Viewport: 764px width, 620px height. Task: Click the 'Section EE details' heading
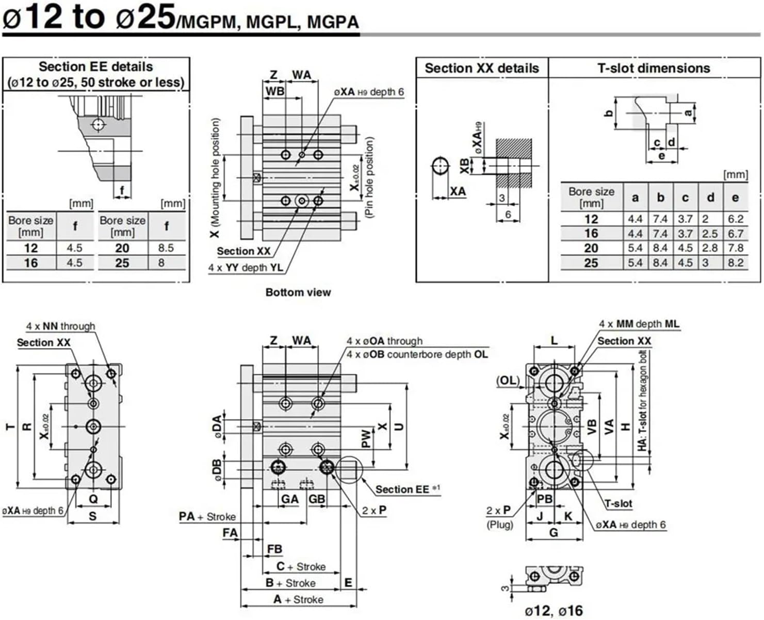click(96, 67)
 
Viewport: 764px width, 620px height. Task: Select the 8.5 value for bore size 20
click(166, 248)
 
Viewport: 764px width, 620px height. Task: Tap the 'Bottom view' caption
click(298, 292)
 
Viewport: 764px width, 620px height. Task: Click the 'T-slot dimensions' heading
click(654, 68)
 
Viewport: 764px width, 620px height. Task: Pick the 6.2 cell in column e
click(736, 219)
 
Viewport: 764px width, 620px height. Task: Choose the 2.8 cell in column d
click(710, 248)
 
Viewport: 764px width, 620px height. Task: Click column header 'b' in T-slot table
click(660, 198)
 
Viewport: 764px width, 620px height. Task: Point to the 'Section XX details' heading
click(481, 68)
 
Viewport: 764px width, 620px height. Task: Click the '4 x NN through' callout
click(61, 326)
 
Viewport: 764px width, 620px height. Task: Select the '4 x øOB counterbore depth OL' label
click(417, 355)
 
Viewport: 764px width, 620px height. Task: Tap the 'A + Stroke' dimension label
click(298, 600)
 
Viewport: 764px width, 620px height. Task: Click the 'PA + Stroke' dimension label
click(207, 516)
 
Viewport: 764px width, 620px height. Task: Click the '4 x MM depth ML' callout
click(639, 324)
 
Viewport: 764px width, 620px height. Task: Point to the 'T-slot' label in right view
click(618, 503)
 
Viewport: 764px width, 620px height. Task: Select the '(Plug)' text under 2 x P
click(500, 525)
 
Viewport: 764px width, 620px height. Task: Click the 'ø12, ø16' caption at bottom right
click(554, 611)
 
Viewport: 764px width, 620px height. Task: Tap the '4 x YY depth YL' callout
click(245, 268)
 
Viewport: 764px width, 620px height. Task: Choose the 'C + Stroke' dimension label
click(301, 567)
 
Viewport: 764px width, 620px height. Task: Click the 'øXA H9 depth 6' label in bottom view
click(369, 92)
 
